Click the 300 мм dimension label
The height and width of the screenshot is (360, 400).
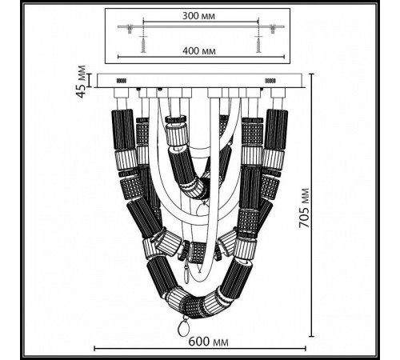click(198, 16)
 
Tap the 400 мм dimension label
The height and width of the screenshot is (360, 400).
click(199, 50)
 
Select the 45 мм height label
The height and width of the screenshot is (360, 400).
click(81, 82)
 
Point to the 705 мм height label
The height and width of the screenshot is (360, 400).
click(304, 208)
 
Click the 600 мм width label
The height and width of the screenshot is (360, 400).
click(208, 342)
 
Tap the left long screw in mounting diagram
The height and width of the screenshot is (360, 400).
click(143, 44)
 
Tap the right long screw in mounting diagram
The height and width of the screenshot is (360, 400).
click(258, 44)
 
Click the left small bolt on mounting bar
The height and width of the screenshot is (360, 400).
click(130, 29)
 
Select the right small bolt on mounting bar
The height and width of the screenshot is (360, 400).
click(273, 29)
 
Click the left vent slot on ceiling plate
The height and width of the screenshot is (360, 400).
click(122, 81)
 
